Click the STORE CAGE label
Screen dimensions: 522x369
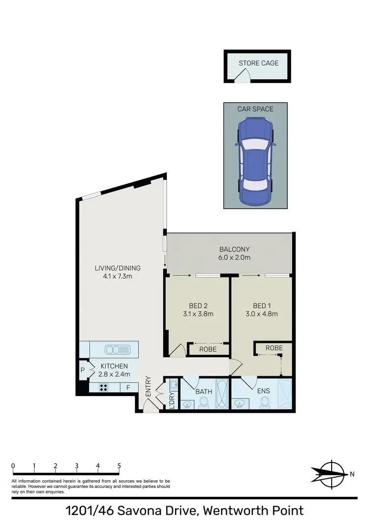(x=258, y=63)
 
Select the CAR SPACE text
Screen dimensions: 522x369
(x=255, y=109)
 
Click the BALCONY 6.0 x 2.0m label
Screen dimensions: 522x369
(x=235, y=253)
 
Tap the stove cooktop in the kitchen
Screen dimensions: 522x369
(x=104, y=387)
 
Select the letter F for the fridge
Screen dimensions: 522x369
(x=128, y=387)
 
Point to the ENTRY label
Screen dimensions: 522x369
(x=148, y=387)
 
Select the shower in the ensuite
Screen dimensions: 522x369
(x=285, y=394)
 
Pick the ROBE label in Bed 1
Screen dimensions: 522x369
(x=274, y=347)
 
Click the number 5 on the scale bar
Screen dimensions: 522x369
(x=119, y=465)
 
